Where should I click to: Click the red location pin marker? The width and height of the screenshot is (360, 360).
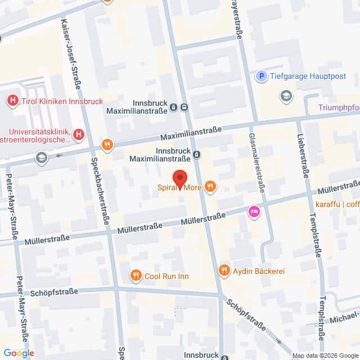pos(179,178)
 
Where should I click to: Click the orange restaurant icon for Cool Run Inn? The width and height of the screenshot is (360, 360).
pos(135,276)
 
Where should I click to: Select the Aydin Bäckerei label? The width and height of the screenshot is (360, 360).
pos(259,271)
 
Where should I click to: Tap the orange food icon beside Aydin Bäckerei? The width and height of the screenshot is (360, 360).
pos(224,271)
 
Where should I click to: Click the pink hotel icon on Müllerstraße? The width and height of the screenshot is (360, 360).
pos(254,212)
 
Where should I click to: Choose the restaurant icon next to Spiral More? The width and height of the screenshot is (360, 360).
pos(210,186)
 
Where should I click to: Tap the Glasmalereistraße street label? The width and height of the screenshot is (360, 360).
pos(256,160)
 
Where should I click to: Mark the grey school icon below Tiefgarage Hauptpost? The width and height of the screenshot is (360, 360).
pos(287,96)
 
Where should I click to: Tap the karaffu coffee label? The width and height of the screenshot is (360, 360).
pos(337,204)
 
